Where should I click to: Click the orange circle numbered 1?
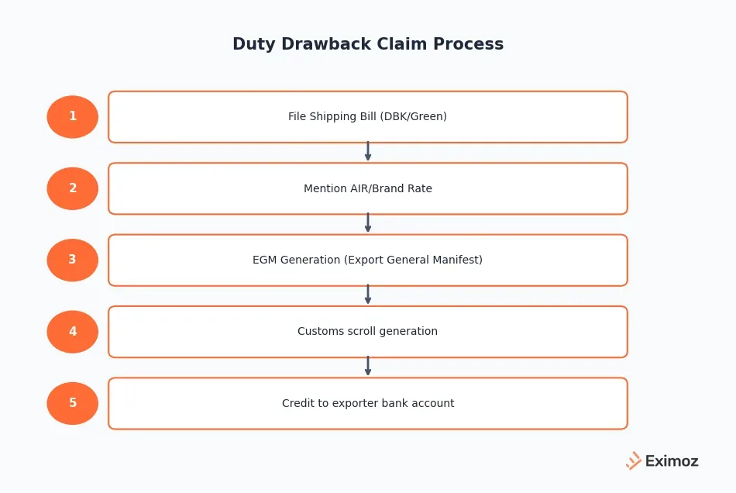pyautogui.click(x=73, y=117)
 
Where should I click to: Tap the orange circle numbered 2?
pyautogui.click(x=73, y=188)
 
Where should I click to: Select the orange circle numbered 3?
pyautogui.click(x=73, y=260)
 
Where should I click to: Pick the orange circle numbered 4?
pyautogui.click(x=73, y=332)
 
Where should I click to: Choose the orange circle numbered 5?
pyautogui.click(x=73, y=403)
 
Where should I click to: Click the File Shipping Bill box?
pyautogui.click(x=367, y=117)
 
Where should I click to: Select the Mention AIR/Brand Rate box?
pyautogui.click(x=367, y=188)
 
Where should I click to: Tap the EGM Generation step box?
pyautogui.click(x=367, y=260)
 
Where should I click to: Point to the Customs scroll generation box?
pyautogui.click(x=367, y=332)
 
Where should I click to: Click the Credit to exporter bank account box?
pyautogui.click(x=367, y=403)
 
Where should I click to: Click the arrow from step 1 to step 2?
pyautogui.click(x=368, y=152)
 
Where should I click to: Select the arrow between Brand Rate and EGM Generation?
pyautogui.click(x=368, y=223)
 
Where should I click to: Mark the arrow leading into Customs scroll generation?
pyautogui.click(x=368, y=295)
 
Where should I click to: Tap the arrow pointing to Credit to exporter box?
pyautogui.click(x=368, y=367)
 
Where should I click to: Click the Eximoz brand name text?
pyautogui.click(x=672, y=461)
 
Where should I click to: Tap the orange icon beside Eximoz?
pyautogui.click(x=634, y=460)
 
